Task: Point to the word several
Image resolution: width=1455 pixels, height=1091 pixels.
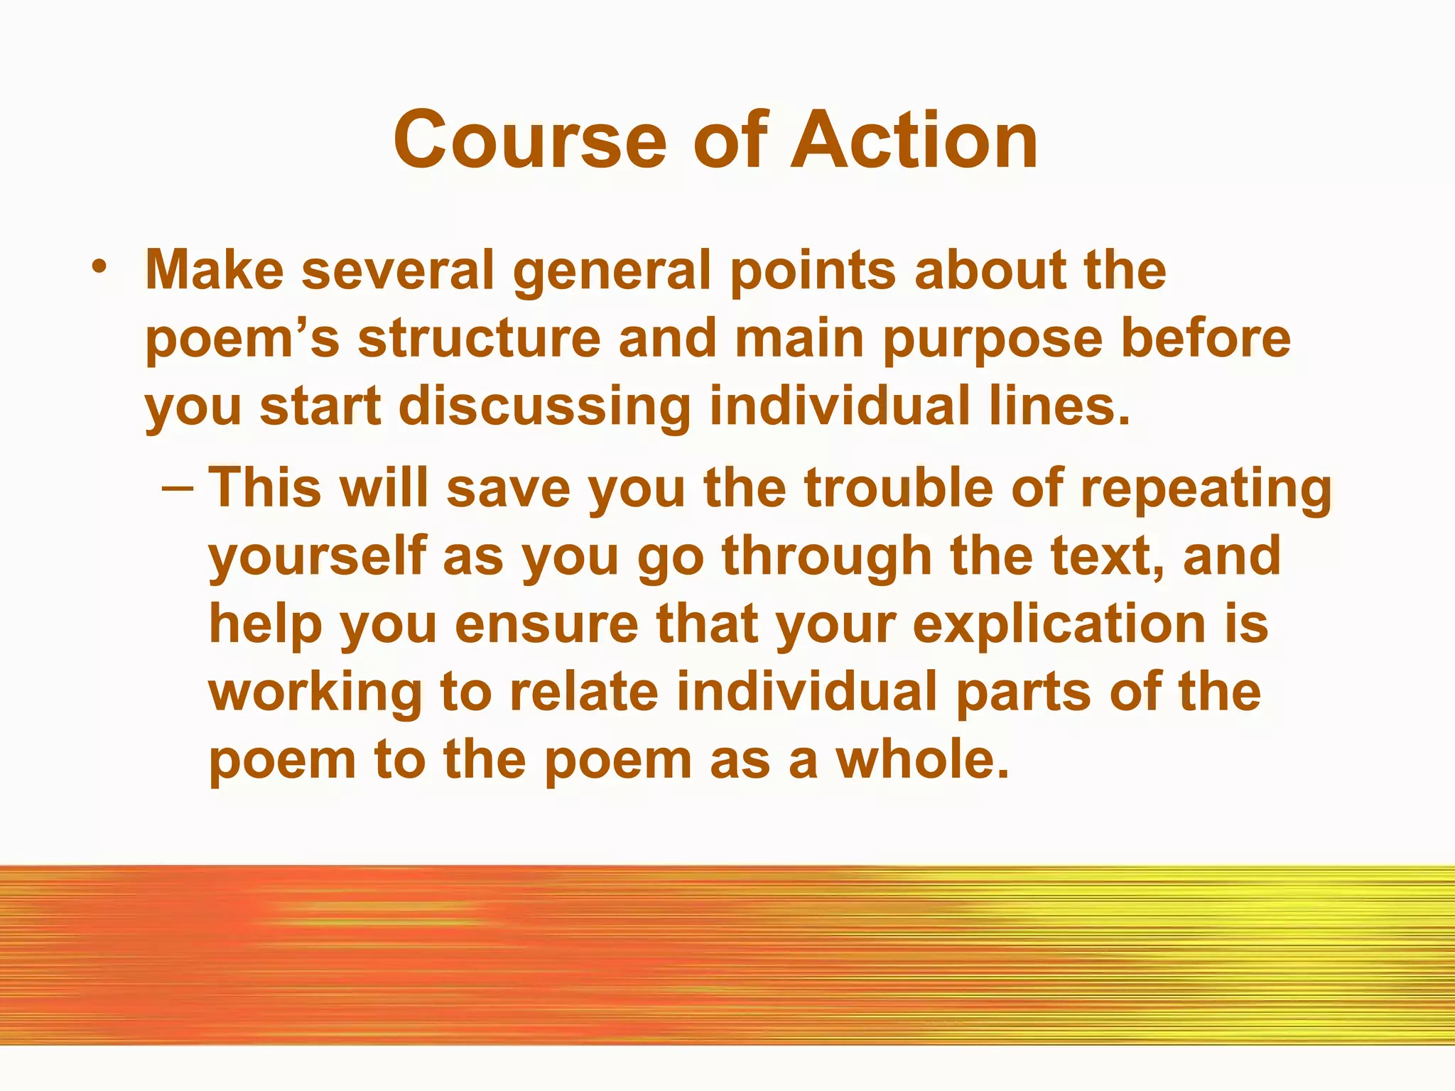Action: (x=398, y=271)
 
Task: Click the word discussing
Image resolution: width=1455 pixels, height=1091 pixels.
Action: (x=545, y=408)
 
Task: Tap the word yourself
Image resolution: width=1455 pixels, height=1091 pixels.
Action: (x=318, y=556)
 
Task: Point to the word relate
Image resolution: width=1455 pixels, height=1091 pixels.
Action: (x=584, y=692)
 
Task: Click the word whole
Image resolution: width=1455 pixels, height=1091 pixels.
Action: (x=922, y=759)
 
